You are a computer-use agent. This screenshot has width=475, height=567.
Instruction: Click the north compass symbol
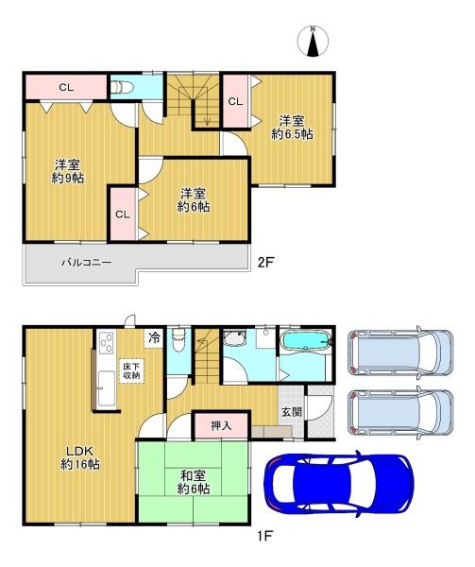(313, 41)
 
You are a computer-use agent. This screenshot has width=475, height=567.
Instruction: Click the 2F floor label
(265, 262)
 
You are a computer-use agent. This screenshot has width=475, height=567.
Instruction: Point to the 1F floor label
(264, 535)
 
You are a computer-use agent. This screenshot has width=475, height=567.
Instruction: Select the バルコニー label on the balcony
(86, 262)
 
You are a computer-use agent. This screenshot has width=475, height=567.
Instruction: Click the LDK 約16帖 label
(80, 457)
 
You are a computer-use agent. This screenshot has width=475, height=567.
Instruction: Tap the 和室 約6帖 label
(194, 482)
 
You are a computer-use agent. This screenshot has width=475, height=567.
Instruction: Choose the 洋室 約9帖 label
(68, 171)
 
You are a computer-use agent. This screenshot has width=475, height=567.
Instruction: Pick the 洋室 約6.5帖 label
(292, 127)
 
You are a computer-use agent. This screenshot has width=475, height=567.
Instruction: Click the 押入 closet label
(221, 425)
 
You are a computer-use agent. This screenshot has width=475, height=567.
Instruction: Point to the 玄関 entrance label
(292, 411)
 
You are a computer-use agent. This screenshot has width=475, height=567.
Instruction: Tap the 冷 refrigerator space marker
(154, 338)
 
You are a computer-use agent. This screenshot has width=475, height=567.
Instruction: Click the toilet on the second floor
(122, 87)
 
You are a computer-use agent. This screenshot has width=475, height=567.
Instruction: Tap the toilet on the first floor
(178, 339)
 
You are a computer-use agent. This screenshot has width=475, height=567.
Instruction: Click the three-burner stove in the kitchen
(107, 342)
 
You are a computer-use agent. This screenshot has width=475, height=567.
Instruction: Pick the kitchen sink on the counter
(107, 388)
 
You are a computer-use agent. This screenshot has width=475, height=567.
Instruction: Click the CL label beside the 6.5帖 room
(235, 102)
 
